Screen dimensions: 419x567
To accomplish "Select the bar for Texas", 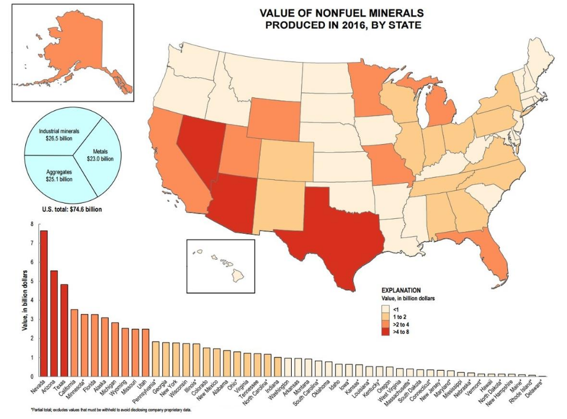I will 64,330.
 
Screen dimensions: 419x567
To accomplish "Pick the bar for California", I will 74,343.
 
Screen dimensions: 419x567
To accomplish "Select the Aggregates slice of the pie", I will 59,175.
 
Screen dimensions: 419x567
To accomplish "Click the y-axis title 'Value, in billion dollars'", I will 25,300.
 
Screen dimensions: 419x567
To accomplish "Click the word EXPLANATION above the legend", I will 401,290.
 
